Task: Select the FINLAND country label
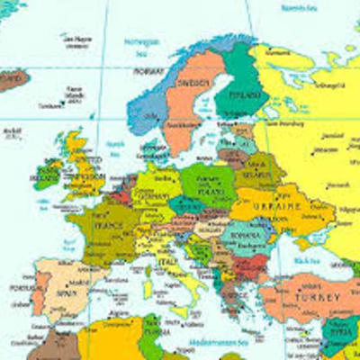249,94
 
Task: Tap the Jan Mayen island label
76,39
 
